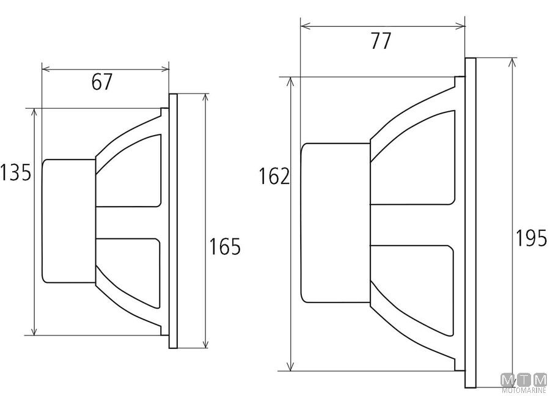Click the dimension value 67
pos(101,82)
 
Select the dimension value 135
pos(15,172)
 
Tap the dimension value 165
pos(225,246)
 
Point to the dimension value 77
pos(381,41)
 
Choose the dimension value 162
pos(274,176)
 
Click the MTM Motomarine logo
pos(524,383)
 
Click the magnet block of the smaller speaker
pos(68,221)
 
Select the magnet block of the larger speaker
pos(335,222)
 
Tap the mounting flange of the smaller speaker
pos(174,221)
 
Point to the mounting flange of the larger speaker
pos(471,222)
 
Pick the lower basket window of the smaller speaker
pos(128,274)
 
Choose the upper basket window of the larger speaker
pos(413,158)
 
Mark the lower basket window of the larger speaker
pos(412,290)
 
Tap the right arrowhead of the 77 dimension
pos(461,25)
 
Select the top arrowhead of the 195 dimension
pos(513,63)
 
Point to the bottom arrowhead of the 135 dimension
pos(34,330)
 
